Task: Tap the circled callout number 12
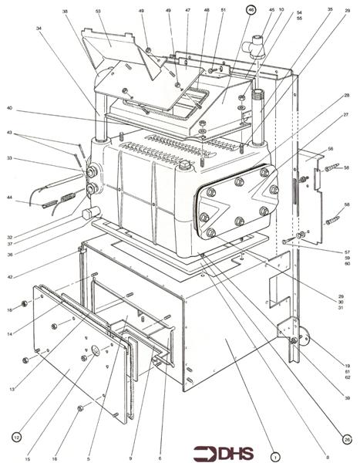point(16,437)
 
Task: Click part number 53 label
point(98,12)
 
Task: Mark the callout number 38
point(65,12)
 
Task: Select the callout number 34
point(39,29)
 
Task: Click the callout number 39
point(348,398)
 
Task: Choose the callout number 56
point(330,148)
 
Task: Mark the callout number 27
point(347,113)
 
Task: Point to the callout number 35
point(330,10)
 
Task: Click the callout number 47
point(187,11)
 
